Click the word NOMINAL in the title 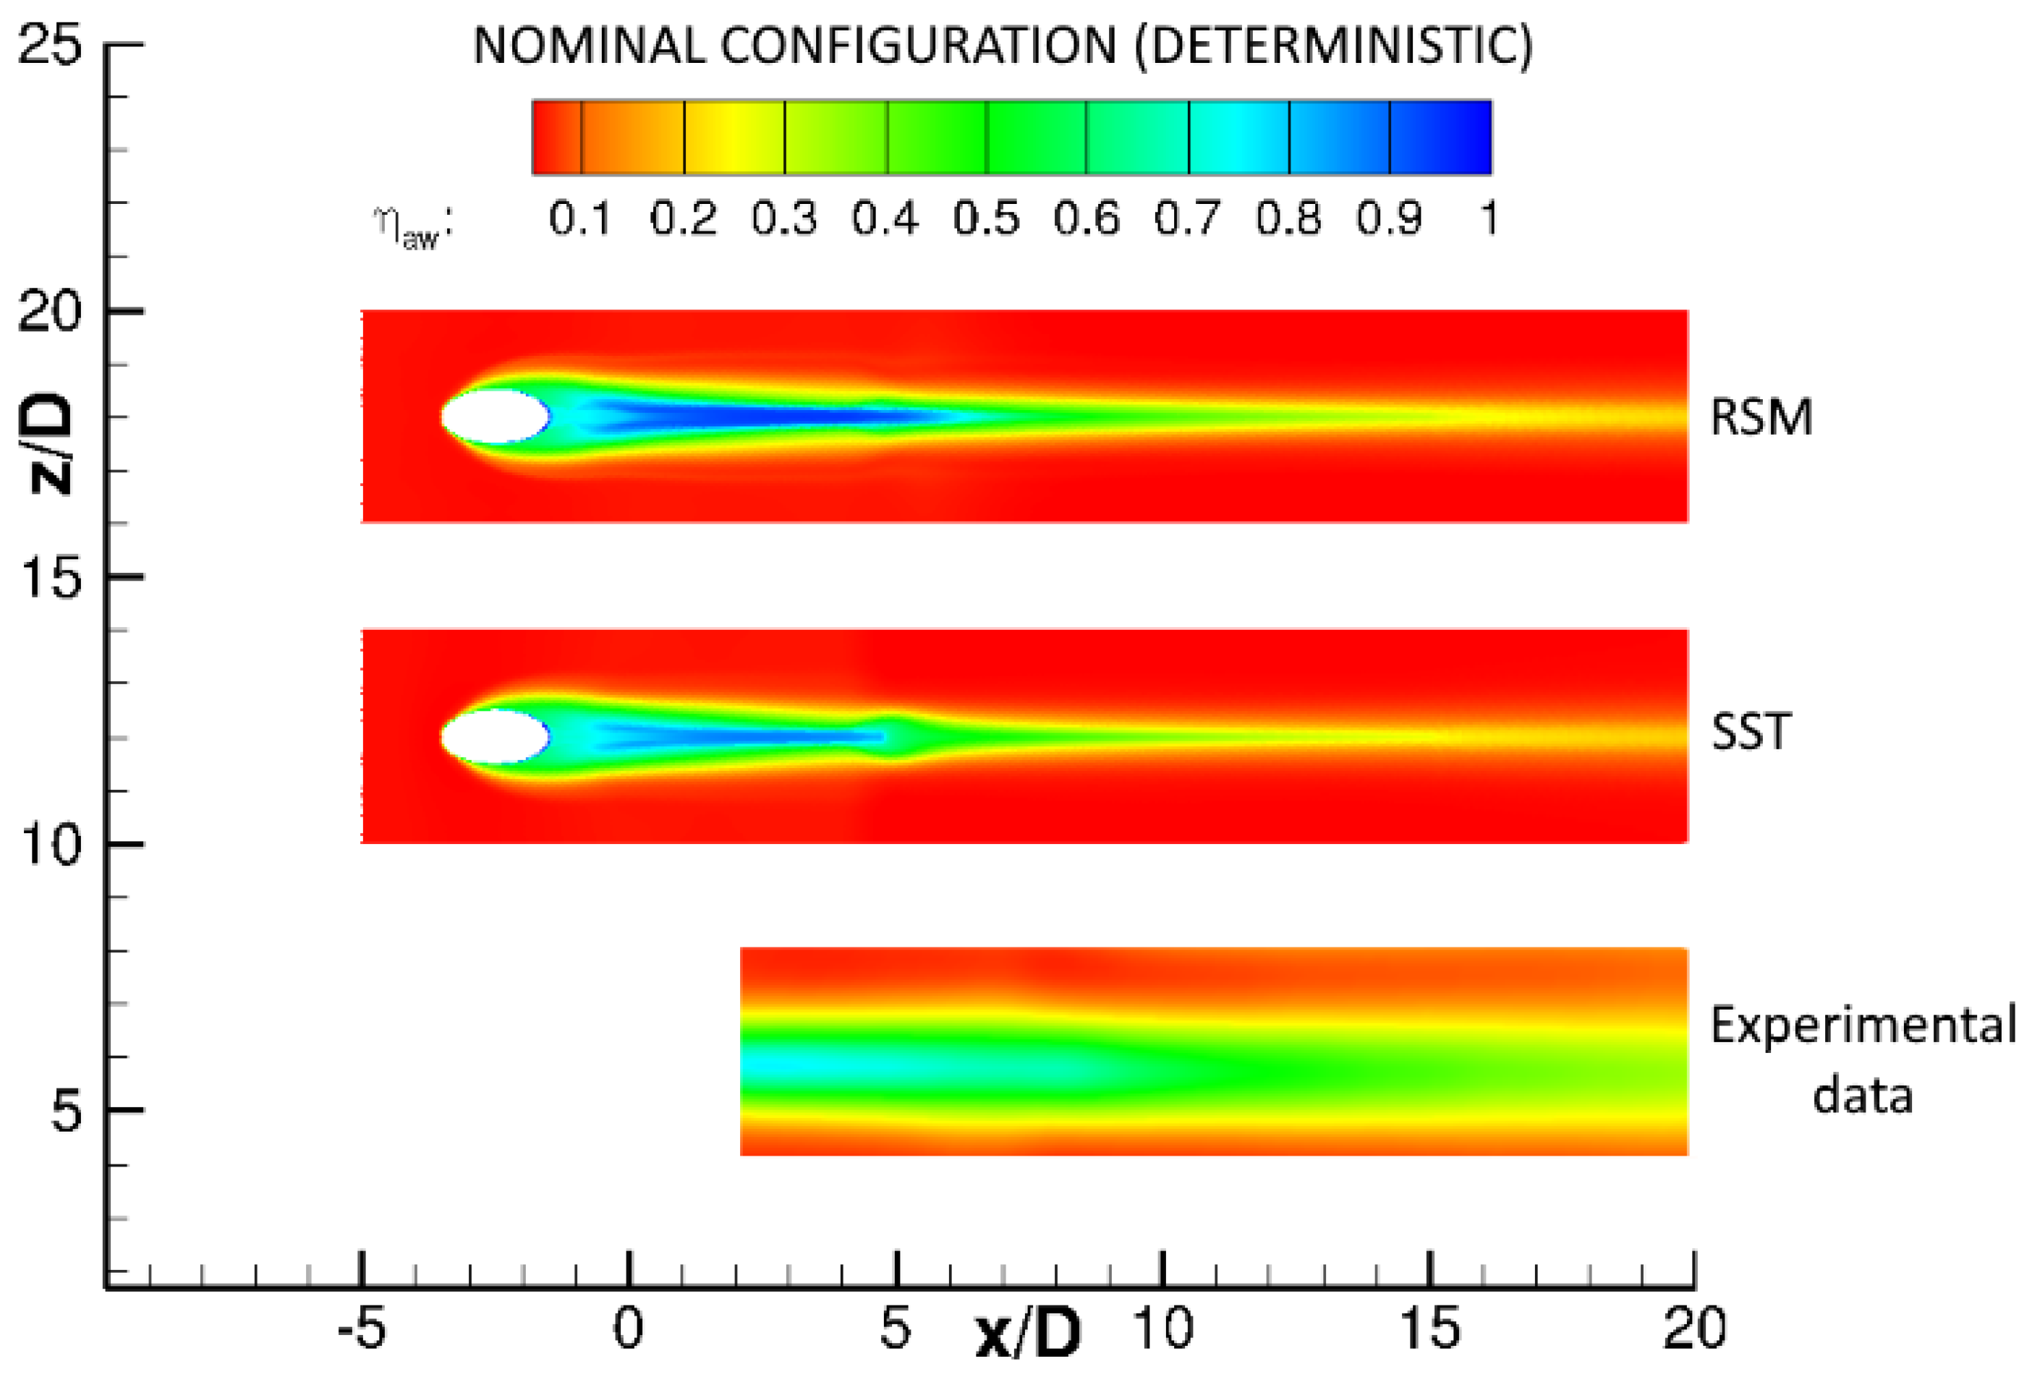pyautogui.click(x=587, y=46)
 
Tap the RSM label pyautogui.click(x=1761, y=417)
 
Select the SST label pyautogui.click(x=1751, y=732)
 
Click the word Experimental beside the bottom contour pyautogui.click(x=1863, y=1025)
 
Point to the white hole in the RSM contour pyautogui.click(x=495, y=416)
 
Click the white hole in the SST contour pyautogui.click(x=495, y=736)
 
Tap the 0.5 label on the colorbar pyautogui.click(x=986, y=218)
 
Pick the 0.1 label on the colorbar pyautogui.click(x=579, y=218)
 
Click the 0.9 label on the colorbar pyautogui.click(x=1390, y=218)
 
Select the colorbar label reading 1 pyautogui.click(x=1489, y=218)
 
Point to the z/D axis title pyautogui.click(x=46, y=443)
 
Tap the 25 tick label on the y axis pyautogui.click(x=50, y=43)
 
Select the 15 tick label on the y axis pyautogui.click(x=50, y=577)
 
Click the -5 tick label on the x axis pyautogui.click(x=361, y=1329)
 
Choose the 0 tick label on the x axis pyautogui.click(x=628, y=1329)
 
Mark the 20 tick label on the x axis pyautogui.click(x=1693, y=1329)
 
